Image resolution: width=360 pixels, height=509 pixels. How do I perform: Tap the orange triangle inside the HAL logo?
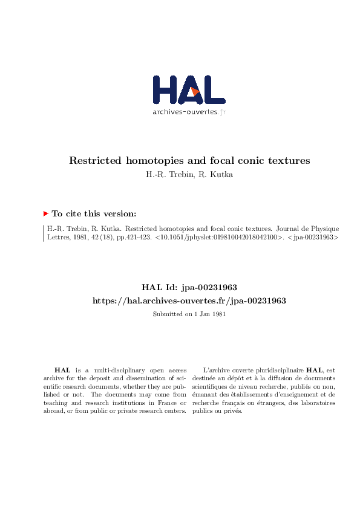coord(195,91)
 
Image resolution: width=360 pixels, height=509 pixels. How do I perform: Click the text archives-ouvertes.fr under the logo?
coord(189,112)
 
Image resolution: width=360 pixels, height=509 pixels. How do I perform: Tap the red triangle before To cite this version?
coord(46,213)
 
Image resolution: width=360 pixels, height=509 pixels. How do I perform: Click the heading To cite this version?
coord(94,213)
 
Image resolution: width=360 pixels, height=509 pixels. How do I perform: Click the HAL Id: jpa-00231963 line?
coord(189,289)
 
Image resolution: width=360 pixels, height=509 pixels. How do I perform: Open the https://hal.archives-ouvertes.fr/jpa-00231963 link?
coord(189,300)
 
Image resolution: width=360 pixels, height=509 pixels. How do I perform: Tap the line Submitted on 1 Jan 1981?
coord(189,314)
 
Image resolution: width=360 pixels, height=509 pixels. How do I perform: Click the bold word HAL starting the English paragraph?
coord(62,370)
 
